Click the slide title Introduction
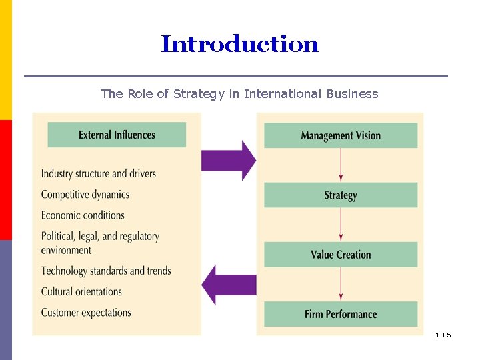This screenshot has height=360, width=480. (240, 45)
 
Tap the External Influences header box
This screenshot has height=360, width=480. (117, 135)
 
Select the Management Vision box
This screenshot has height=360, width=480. (341, 135)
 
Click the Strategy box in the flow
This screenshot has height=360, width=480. (341, 195)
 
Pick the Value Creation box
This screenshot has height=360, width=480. (341, 255)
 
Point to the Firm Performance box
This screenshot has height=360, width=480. (341, 314)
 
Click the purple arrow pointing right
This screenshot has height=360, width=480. (229, 160)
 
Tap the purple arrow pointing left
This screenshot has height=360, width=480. (229, 285)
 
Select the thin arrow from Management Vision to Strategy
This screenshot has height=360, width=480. (341, 165)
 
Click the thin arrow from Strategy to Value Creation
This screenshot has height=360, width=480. (341, 225)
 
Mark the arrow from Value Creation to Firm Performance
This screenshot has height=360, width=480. (341, 284)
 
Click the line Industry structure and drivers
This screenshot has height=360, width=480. (99, 174)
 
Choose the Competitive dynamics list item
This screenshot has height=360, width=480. (85, 195)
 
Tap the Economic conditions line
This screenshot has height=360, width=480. (83, 215)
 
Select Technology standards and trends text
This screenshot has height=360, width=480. (106, 271)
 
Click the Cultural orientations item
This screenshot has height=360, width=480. (81, 291)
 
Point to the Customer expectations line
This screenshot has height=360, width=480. (86, 312)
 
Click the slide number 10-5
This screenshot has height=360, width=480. (443, 335)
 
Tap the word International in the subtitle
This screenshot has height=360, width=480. (283, 94)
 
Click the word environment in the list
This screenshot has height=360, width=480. (66, 250)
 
